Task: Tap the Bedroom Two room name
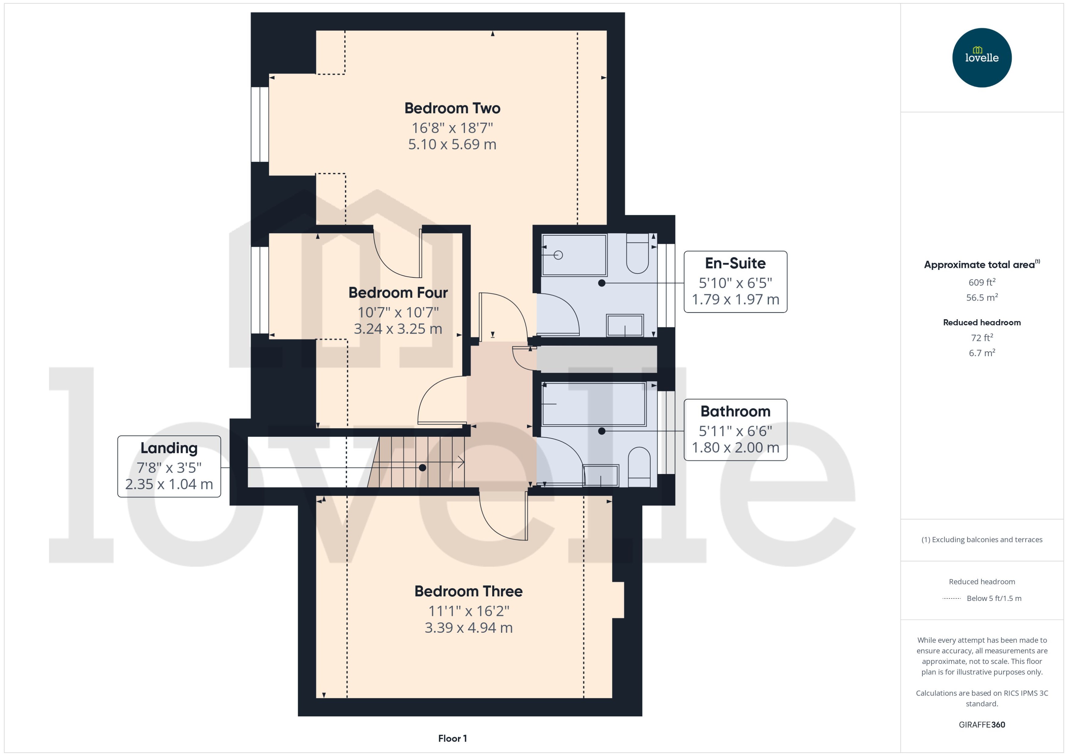click(x=452, y=108)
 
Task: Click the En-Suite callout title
click(x=735, y=263)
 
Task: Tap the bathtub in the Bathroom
click(x=594, y=403)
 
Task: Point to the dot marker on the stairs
click(x=422, y=467)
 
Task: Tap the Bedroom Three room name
click(x=468, y=591)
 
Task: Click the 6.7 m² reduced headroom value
click(x=981, y=353)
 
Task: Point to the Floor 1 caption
click(x=452, y=738)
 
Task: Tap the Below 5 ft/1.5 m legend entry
click(x=994, y=598)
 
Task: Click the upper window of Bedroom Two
click(x=260, y=124)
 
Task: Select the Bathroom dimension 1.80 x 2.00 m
click(x=735, y=448)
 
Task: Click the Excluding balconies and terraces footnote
click(x=981, y=540)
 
